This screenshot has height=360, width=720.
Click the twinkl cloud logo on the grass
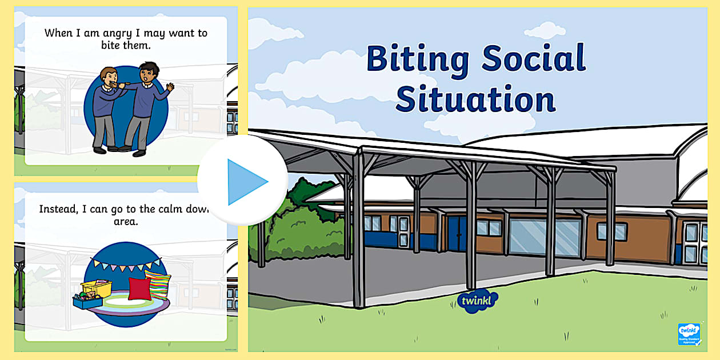tap(478, 301)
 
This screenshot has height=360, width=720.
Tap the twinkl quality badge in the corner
tap(689, 334)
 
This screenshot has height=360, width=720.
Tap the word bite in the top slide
tap(111, 45)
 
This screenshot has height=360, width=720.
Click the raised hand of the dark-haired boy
tap(170, 87)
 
